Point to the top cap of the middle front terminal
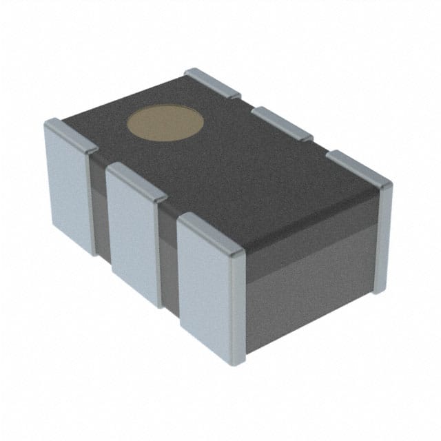(x=137, y=181)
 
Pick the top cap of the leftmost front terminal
(x=72, y=134)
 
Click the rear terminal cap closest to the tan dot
(x=212, y=83)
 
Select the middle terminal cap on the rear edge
(x=282, y=123)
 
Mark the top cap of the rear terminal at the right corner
(x=359, y=168)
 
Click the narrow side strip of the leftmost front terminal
(x=93, y=200)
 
